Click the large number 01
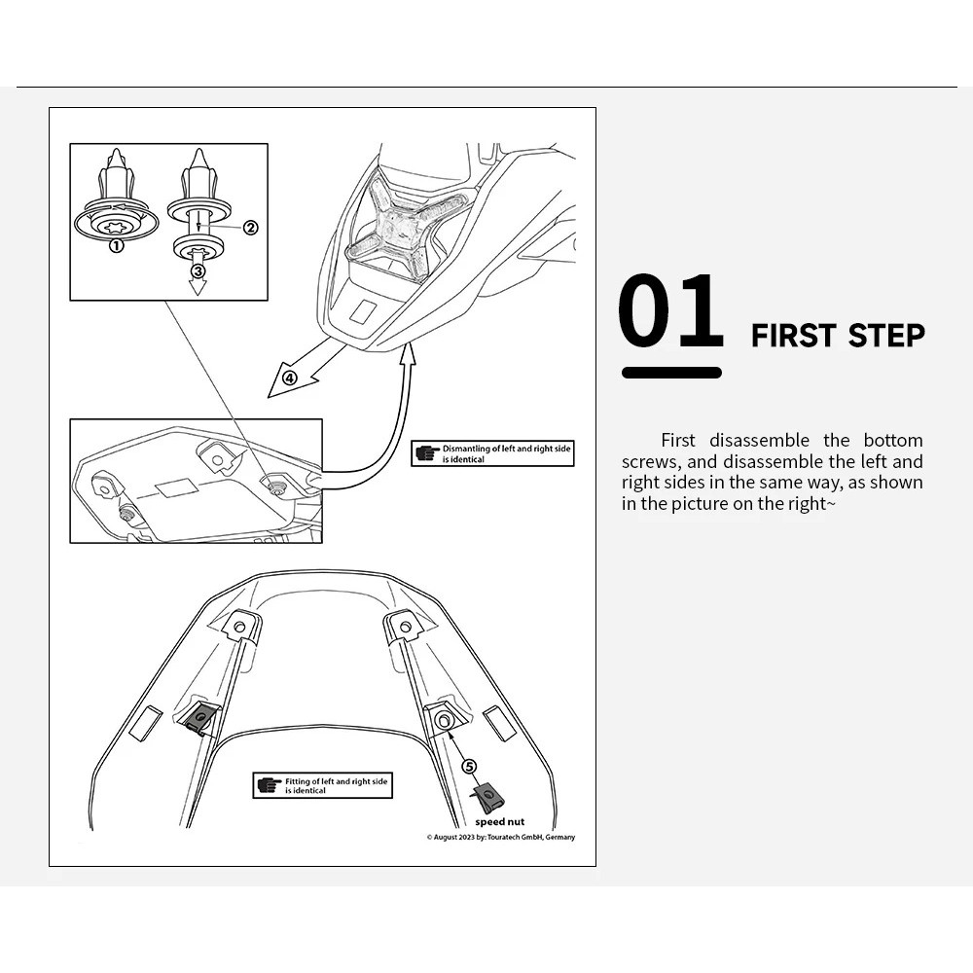(x=670, y=312)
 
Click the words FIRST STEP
(x=838, y=336)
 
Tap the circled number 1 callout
(x=116, y=246)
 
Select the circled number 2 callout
(x=250, y=228)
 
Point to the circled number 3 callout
(x=198, y=271)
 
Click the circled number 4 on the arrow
(x=289, y=378)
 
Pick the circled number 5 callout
(x=470, y=766)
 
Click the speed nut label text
(x=499, y=822)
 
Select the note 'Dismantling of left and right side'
(x=506, y=449)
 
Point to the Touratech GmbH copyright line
(x=500, y=838)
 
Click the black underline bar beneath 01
(x=671, y=373)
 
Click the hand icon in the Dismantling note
(x=426, y=452)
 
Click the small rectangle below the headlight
(x=362, y=311)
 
